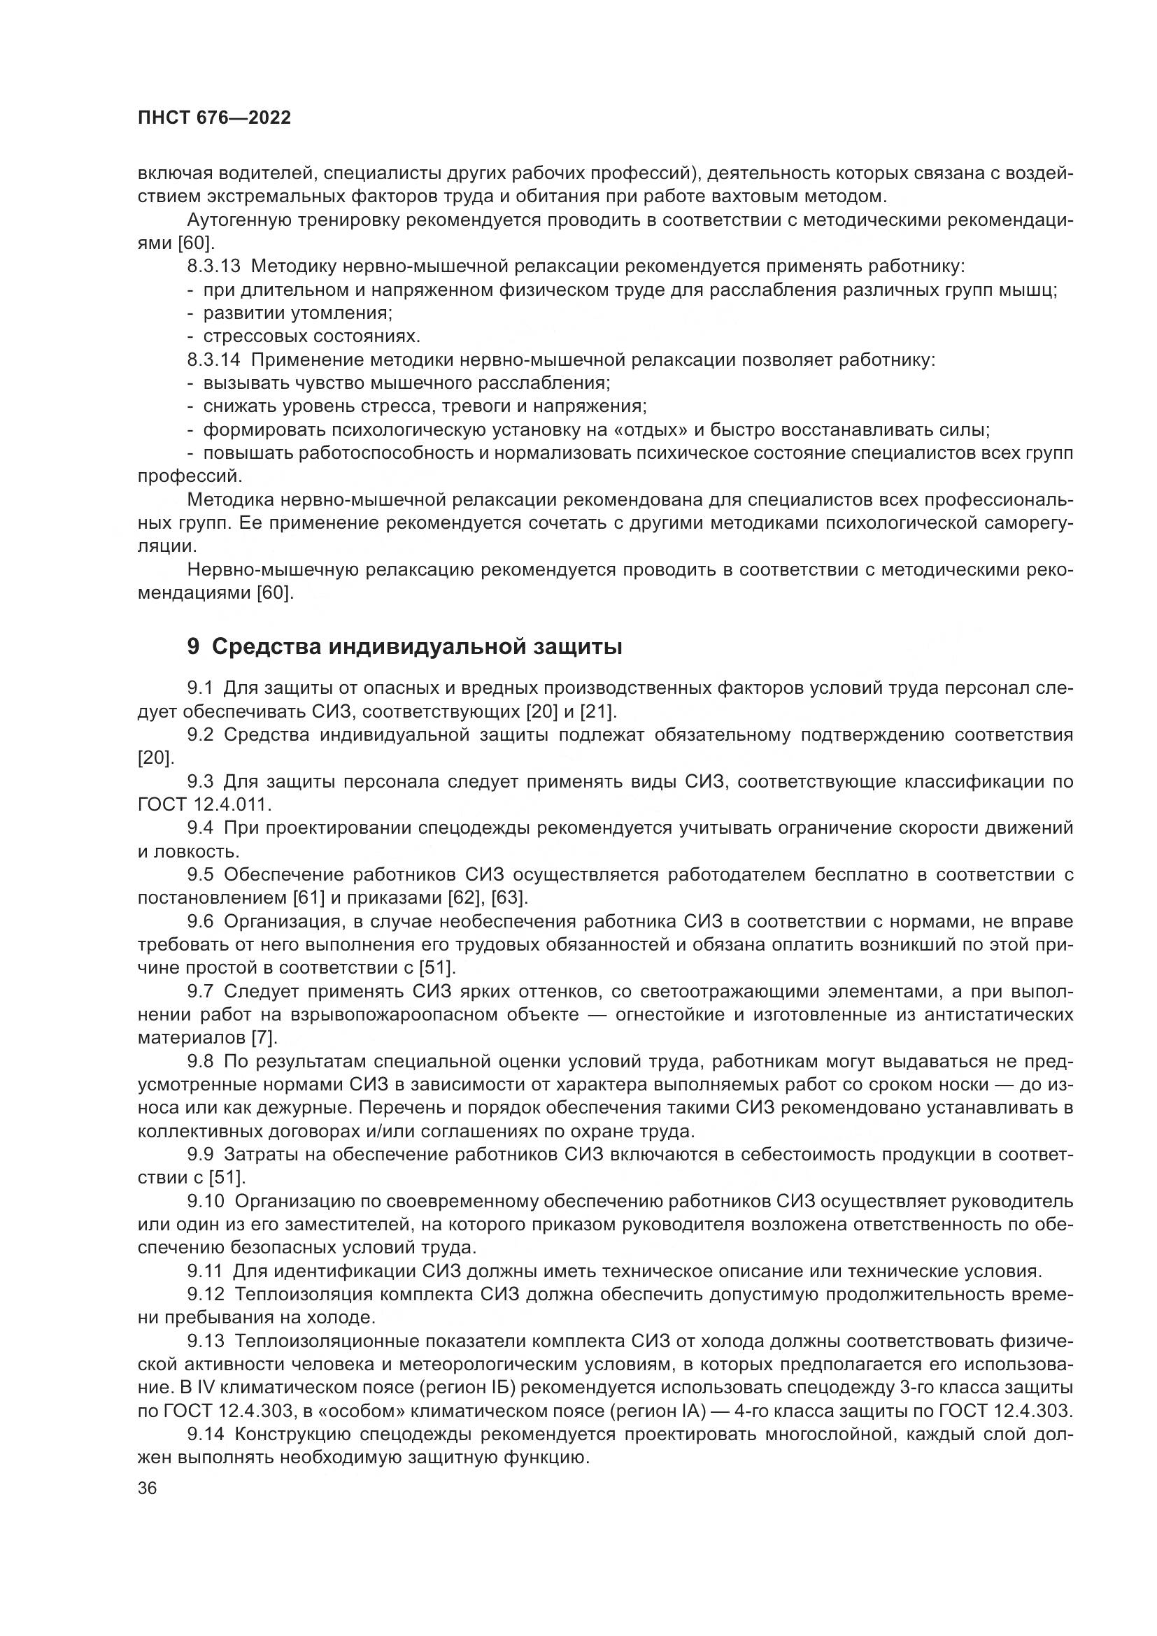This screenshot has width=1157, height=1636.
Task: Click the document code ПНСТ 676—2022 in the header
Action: (215, 118)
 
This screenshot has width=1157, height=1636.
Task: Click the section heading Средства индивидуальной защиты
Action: (417, 646)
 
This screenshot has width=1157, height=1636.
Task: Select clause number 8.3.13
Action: (215, 266)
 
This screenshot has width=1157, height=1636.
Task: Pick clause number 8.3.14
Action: (215, 360)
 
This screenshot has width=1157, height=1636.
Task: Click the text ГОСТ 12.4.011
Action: (204, 804)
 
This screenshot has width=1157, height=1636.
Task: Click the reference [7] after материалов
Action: (264, 1037)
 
